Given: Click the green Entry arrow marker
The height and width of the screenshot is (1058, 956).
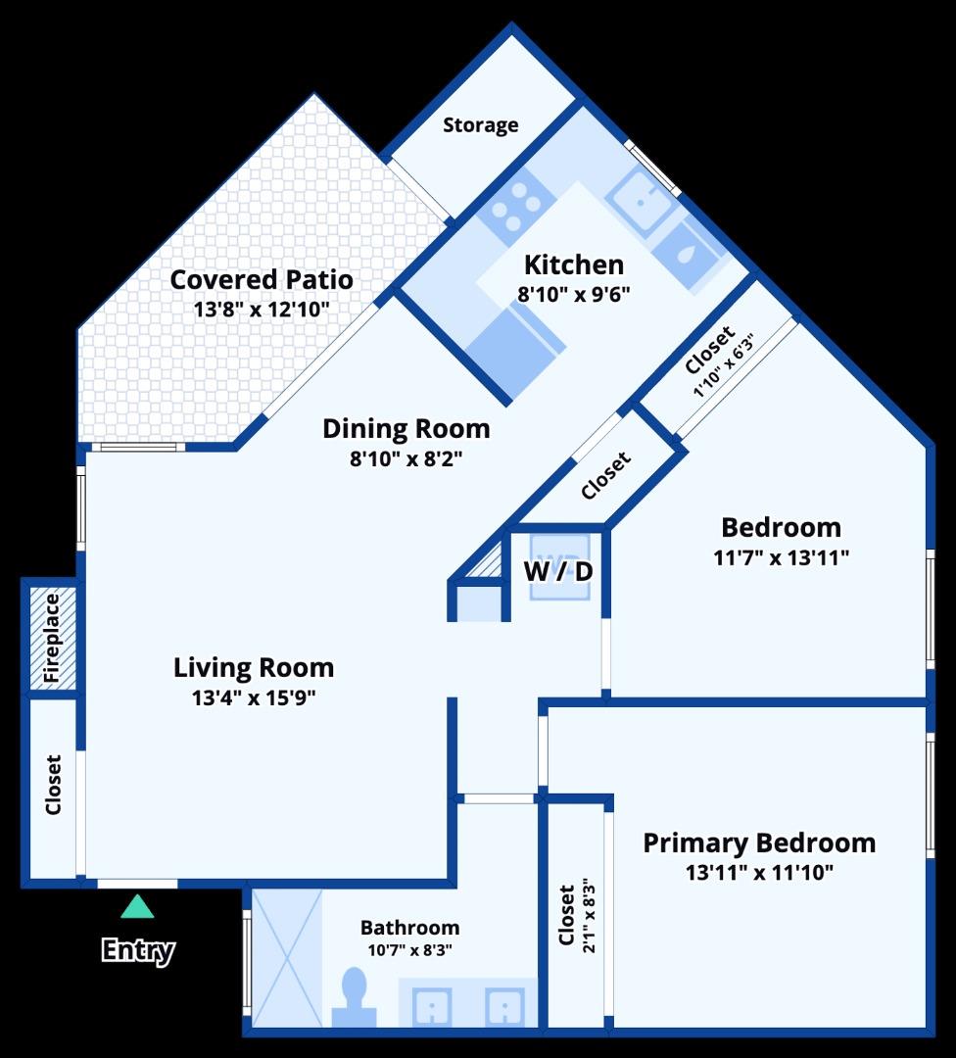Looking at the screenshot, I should (137, 907).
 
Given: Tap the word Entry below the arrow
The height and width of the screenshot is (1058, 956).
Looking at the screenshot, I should (138, 950).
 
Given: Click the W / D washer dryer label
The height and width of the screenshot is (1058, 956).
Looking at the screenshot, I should (558, 570).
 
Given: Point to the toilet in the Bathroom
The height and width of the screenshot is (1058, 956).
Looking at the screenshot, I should (354, 997).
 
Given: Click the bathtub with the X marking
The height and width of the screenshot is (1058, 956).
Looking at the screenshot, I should (287, 957).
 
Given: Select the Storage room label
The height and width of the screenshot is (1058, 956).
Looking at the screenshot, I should (480, 125).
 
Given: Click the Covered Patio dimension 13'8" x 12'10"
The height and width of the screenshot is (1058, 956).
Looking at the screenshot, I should (262, 310).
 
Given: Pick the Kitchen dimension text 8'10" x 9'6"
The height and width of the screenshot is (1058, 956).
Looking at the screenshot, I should (573, 293).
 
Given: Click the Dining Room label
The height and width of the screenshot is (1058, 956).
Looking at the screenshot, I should (406, 429).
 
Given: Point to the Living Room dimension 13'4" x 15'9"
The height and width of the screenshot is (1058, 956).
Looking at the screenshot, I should (254, 697).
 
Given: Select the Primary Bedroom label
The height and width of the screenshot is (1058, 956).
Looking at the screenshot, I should (759, 842).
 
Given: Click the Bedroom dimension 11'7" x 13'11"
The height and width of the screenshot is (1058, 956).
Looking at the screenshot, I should (781, 557).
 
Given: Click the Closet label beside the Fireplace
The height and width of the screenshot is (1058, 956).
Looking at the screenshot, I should (53, 785).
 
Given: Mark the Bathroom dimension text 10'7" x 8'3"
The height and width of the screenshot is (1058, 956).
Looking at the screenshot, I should (409, 949).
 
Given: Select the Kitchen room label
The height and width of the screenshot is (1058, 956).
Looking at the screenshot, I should (573, 264).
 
